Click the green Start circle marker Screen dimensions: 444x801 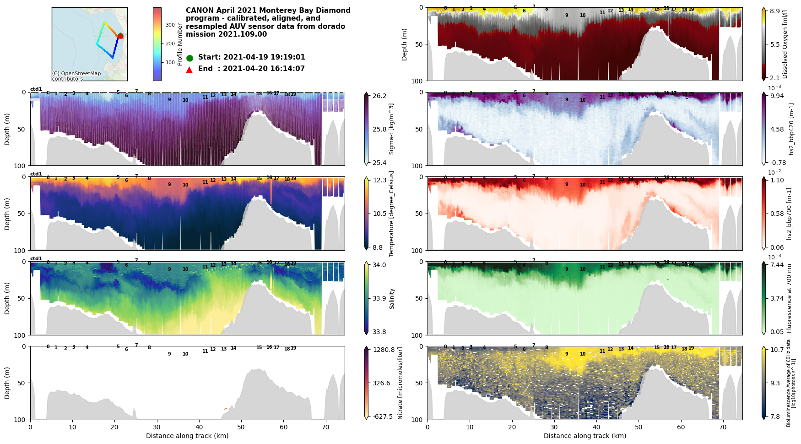tap(189, 58)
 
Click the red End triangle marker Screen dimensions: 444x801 tap(189, 70)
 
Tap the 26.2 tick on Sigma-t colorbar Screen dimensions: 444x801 tap(379, 96)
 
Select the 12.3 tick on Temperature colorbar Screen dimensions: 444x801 tap(379, 181)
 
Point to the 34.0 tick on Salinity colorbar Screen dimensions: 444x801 tap(379, 265)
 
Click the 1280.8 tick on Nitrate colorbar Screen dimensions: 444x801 tap(384, 350)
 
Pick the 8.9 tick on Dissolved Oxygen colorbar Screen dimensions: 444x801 tap(777, 11)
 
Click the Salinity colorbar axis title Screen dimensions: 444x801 tap(392, 298)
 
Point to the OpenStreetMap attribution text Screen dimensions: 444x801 tap(76, 76)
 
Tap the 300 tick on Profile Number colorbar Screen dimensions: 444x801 tap(170, 25)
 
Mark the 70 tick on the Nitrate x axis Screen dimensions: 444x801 tap(325, 427)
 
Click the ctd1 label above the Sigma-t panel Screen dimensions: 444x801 tap(36, 89)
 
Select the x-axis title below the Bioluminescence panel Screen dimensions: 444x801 tap(585, 436)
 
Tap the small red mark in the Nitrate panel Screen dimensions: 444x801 tap(225, 408)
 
